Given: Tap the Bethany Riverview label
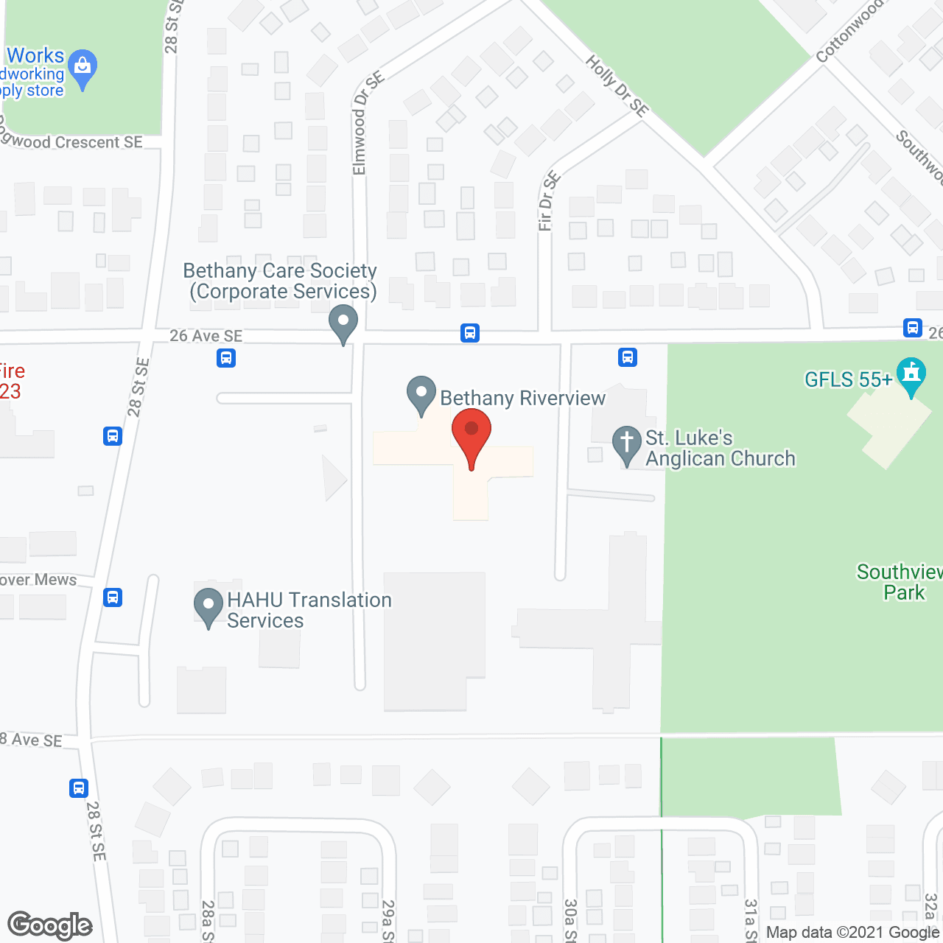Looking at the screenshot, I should coord(522,399).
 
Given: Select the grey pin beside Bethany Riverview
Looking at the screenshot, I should coord(421,394).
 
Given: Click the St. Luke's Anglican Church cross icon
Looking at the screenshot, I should coord(626,444).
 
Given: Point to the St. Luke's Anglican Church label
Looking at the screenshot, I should coord(720,448).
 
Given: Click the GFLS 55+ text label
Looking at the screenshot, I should coord(848,380).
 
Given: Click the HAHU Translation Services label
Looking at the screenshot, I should coord(309,610).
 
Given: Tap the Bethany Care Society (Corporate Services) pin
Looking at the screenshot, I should coord(343,323).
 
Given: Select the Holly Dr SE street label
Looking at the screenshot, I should coord(617,86).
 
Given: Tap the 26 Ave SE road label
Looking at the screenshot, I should coord(206,336).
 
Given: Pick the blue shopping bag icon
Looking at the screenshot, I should coord(83,69).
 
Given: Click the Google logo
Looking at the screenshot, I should coord(50,925).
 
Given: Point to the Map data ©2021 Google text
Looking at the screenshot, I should coord(852,933).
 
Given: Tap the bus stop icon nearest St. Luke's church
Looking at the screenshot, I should coord(627,357).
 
